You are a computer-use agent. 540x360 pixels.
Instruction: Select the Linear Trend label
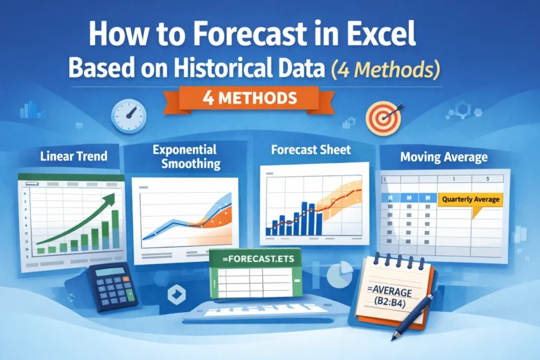coord(73,156)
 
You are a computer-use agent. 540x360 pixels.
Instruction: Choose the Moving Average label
coord(444,157)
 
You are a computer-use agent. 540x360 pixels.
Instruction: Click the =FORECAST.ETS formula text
coord(254,261)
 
